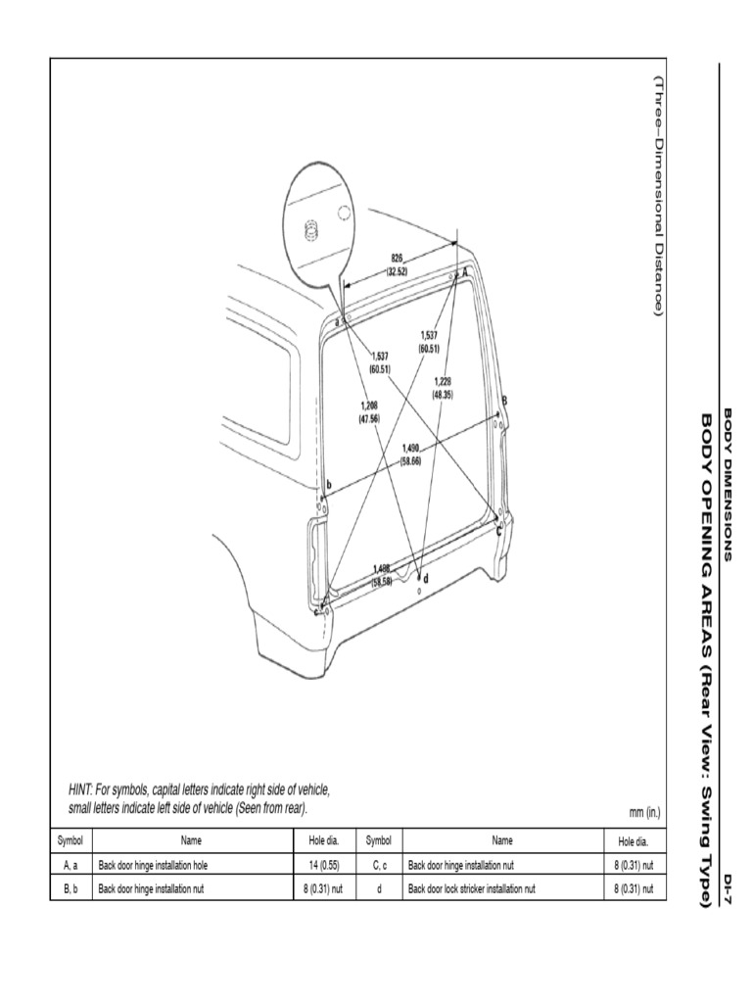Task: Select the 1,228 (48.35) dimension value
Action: pos(443,387)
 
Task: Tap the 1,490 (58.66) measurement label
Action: pos(411,454)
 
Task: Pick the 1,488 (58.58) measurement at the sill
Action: pos(388,575)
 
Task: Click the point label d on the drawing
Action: pos(425,578)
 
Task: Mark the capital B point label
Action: pos(504,401)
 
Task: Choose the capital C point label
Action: pos(499,530)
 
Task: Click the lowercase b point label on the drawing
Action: pos(329,485)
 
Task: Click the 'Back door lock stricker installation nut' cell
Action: pos(472,889)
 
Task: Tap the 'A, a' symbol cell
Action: pos(70,866)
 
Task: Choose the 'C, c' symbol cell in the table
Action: pos(379,866)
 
